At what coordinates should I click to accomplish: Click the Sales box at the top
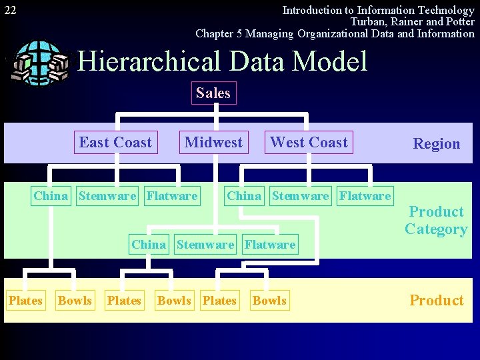[x=213, y=93]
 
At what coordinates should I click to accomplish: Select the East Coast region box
[x=115, y=142]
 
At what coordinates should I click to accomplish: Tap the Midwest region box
[x=213, y=142]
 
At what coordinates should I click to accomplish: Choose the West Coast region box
[x=309, y=142]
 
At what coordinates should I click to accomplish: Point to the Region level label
[x=436, y=143]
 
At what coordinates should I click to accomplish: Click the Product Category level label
[x=436, y=221]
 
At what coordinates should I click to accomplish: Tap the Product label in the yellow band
[x=436, y=300]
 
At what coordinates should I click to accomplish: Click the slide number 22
[x=10, y=10]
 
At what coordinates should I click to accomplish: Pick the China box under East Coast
[x=51, y=195]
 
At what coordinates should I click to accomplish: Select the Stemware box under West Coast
[x=300, y=195]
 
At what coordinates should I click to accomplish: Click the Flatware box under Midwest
[x=269, y=244]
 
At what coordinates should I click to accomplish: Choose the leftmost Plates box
[x=25, y=301]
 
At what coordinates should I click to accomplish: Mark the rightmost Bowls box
[x=269, y=301]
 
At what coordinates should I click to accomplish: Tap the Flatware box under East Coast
[x=172, y=195]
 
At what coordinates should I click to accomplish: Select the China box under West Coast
[x=244, y=195]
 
